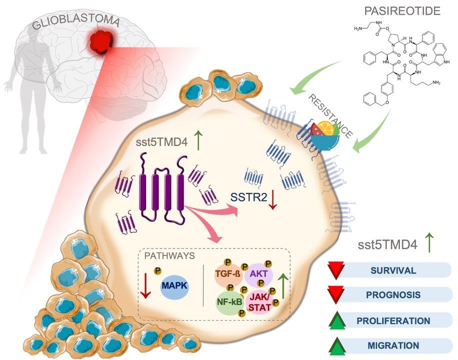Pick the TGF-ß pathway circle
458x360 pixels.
228,274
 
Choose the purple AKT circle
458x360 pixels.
258,274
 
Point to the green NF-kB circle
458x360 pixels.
229,302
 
